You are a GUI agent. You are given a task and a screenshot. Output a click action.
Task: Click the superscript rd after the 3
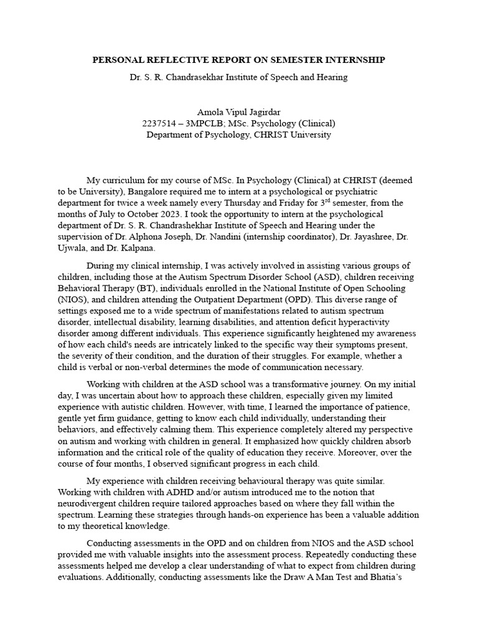coord(317,200)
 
